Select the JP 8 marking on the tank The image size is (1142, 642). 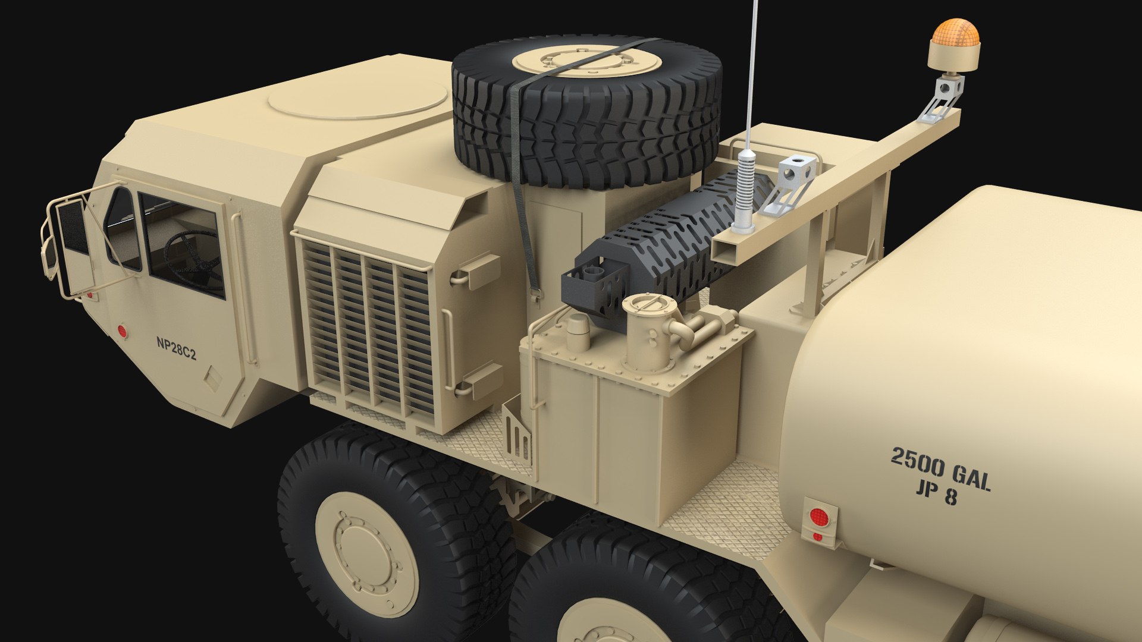tap(936, 493)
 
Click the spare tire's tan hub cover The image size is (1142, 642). tap(586, 60)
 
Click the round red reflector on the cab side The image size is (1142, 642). tap(123, 332)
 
